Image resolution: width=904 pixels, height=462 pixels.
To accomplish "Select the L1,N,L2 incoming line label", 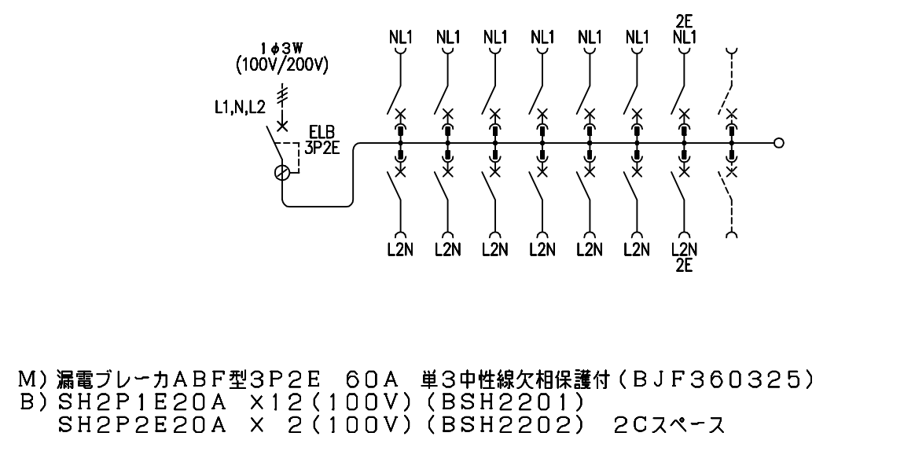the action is [238, 108].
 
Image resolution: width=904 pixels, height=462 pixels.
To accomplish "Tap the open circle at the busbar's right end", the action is [778, 144].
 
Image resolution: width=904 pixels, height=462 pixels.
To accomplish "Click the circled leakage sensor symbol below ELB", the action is [282, 174].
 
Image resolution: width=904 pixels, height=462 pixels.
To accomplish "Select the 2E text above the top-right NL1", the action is [684, 23].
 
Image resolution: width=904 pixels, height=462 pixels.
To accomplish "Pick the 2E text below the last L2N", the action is [684, 266].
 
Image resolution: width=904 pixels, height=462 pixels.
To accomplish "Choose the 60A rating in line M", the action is [371, 380].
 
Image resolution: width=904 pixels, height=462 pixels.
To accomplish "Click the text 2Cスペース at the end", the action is [667, 426].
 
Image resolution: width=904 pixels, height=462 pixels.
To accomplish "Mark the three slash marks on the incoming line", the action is [282, 94].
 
